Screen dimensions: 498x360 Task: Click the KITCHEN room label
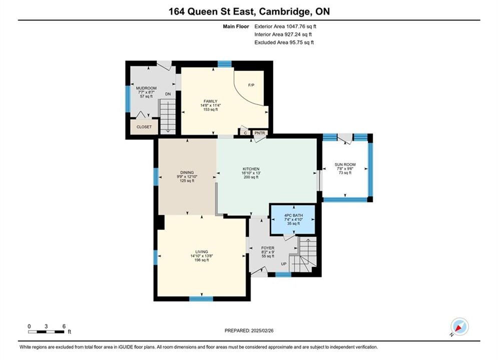pos(251,169)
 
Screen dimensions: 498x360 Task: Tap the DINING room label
pos(187,172)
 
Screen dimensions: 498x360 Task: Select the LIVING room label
pos(202,252)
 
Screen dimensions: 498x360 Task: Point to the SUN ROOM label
pos(345,164)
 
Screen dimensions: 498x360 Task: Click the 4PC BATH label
pos(293,215)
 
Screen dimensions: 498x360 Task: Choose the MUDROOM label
pos(147,88)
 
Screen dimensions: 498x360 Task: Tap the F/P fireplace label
pos(251,85)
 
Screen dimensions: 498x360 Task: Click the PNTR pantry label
pos(260,133)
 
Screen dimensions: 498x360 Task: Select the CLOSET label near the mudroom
pos(144,127)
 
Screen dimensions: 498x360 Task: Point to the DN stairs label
pos(168,94)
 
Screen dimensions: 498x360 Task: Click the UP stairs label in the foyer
pos(284,264)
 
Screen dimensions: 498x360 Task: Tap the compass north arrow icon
pos(459,326)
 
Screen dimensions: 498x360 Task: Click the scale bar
pos(47,332)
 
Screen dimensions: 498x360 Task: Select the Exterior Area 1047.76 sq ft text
pos(285,26)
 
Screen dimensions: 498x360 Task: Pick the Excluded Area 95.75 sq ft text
pos(284,42)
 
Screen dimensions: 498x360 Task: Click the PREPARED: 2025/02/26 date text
pos(249,330)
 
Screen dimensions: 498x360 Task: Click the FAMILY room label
pos(211,101)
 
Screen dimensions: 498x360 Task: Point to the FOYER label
pos(268,248)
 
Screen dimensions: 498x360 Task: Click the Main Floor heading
pos(236,26)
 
